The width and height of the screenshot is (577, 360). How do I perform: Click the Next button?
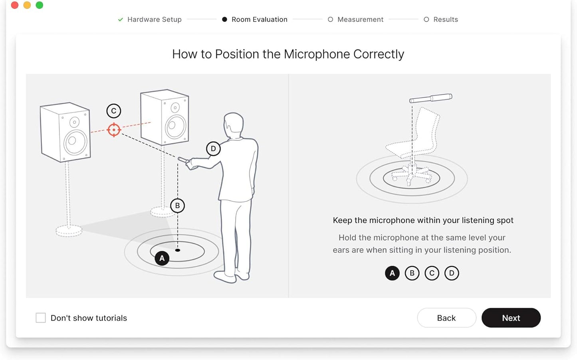coord(511,318)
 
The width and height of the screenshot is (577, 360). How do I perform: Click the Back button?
coord(446,318)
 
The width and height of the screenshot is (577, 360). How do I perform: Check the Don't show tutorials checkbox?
coord(41,318)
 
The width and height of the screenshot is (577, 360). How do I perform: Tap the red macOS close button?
coord(15,5)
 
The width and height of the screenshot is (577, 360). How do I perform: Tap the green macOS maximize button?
coord(40,5)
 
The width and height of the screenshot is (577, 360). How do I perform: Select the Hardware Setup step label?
coord(154,20)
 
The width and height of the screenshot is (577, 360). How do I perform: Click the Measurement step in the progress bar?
coord(360,20)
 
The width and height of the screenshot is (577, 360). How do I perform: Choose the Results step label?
coord(445,20)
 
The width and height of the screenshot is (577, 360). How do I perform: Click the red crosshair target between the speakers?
coord(114,130)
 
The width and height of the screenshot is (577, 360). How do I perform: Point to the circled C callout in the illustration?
coord(114,111)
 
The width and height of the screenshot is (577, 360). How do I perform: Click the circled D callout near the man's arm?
coord(213,149)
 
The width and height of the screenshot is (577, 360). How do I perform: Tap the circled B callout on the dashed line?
coord(177,206)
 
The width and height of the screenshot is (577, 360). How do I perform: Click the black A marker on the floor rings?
coord(162,258)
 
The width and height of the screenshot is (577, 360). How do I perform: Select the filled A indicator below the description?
coord(392,273)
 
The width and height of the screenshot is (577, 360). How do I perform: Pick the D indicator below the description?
coord(452,273)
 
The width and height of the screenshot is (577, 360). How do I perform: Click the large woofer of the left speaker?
coord(75,142)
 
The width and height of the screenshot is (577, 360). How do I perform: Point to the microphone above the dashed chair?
coord(431,98)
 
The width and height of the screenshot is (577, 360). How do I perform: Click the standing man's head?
coord(233,125)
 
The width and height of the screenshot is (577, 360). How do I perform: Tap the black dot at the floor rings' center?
coord(178,250)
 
